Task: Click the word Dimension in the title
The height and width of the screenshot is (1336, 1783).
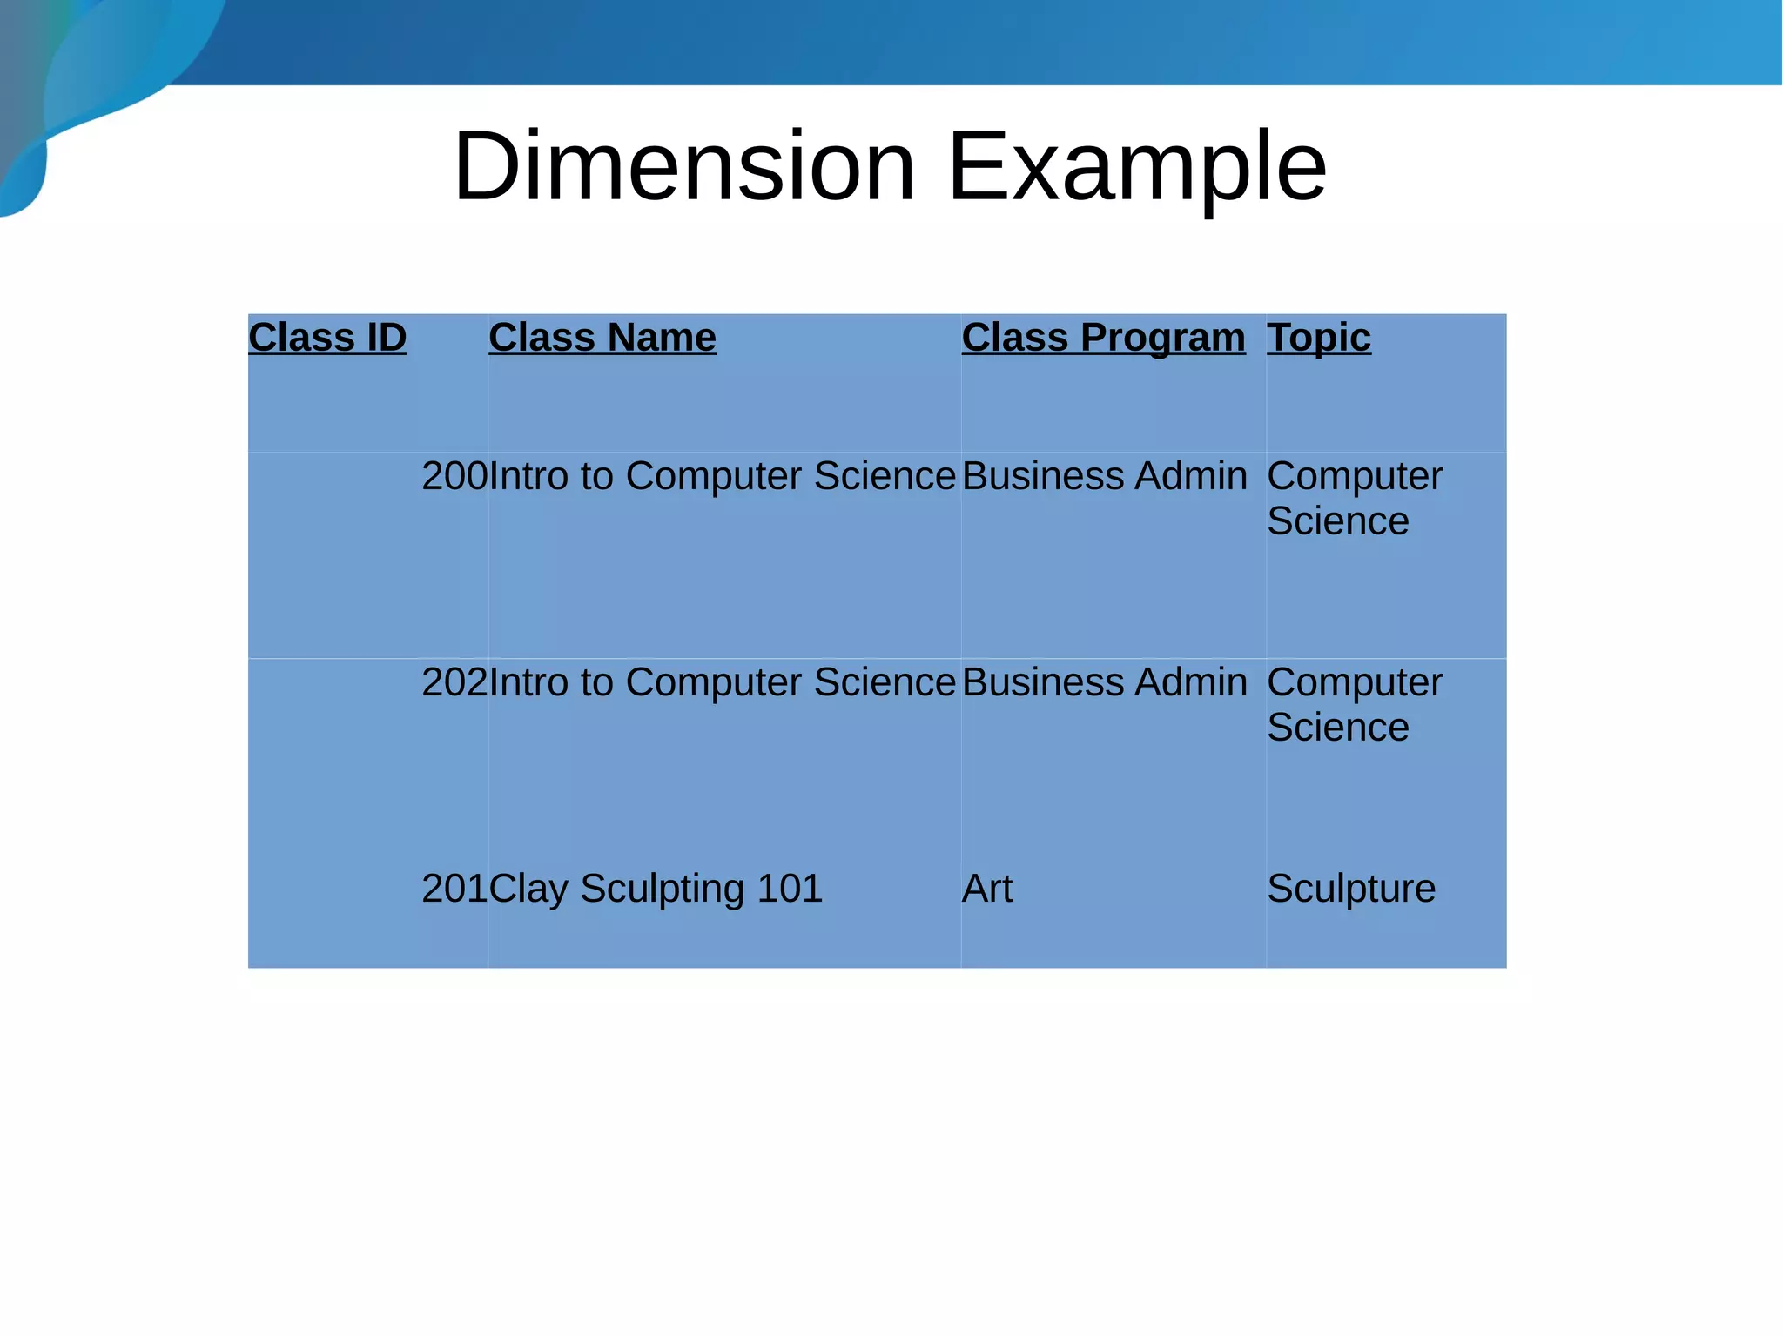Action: tap(684, 165)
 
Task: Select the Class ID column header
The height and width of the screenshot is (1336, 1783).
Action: tap(327, 337)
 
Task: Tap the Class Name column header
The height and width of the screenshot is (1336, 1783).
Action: tap(602, 337)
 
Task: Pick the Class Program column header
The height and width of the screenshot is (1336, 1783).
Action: tap(1103, 337)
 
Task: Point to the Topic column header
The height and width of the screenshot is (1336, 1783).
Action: tap(1318, 337)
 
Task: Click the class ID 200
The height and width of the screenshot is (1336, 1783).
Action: tap(454, 476)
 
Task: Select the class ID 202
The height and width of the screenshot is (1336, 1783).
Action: tap(454, 682)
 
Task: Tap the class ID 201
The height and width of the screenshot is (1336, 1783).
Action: tap(454, 889)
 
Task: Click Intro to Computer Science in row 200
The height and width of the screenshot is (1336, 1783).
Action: tap(723, 476)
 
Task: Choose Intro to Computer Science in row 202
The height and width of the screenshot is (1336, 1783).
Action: tap(723, 682)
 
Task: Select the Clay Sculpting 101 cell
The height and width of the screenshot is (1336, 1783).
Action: tap(656, 889)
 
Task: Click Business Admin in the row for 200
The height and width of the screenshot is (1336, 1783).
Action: tap(1104, 476)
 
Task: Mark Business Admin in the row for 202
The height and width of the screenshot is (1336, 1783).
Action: tap(1104, 682)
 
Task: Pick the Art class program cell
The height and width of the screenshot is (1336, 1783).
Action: tap(987, 889)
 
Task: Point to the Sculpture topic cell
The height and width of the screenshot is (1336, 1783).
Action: tap(1351, 889)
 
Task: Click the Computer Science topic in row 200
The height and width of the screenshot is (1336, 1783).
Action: tap(1354, 498)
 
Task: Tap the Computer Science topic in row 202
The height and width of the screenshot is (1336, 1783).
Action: tap(1354, 704)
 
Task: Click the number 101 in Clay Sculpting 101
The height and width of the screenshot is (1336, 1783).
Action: tap(790, 889)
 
